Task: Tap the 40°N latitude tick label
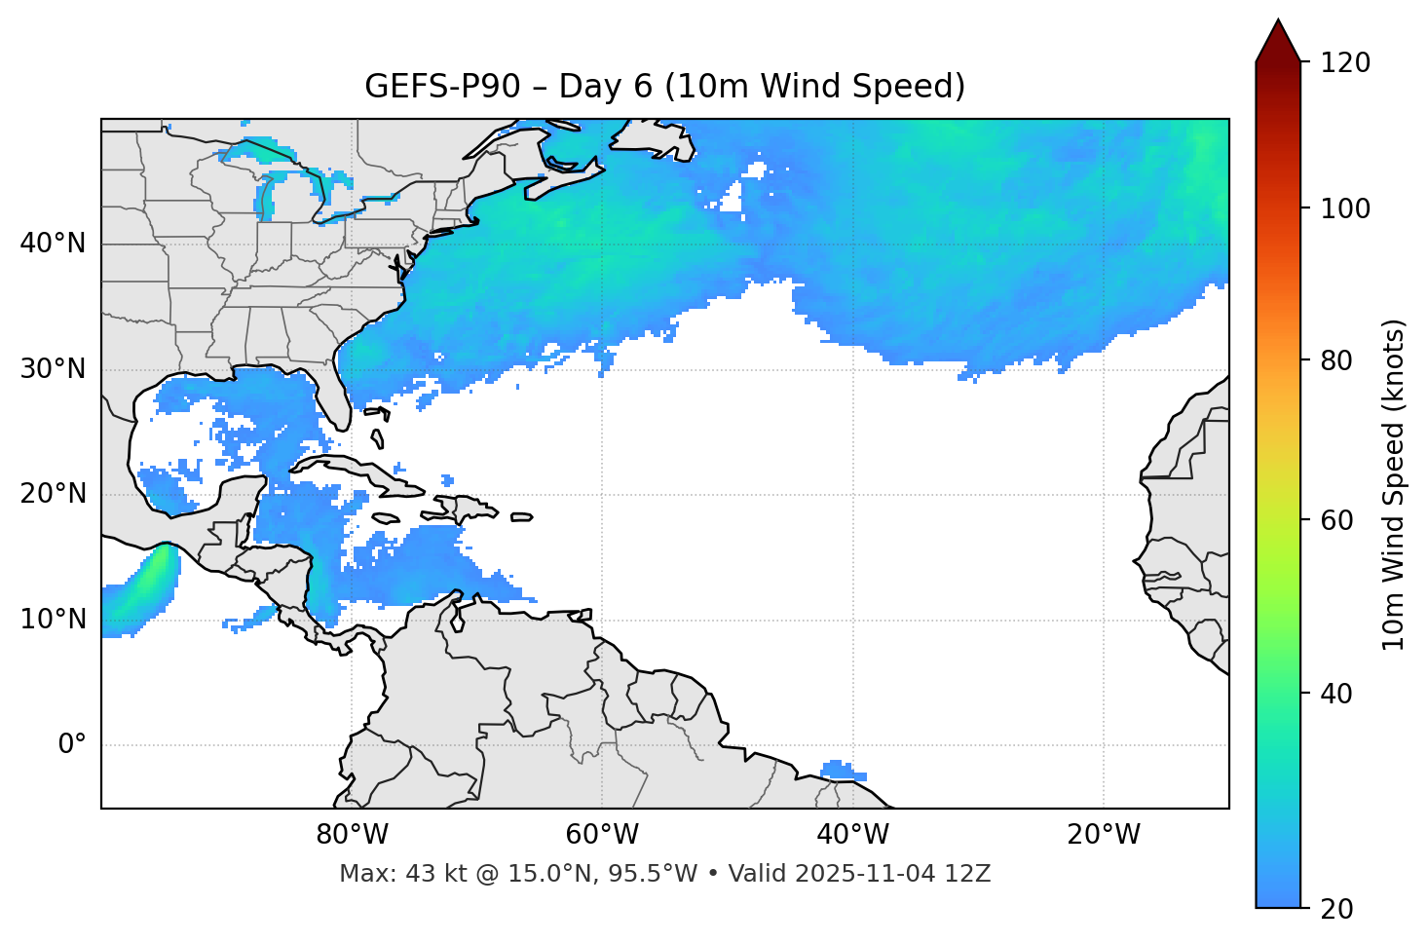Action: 53,244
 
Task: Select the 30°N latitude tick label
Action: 53,369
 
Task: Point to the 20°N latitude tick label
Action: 53,494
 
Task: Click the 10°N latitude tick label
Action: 53,620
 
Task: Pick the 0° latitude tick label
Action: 72,745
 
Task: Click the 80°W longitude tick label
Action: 352,835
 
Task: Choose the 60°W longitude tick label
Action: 602,835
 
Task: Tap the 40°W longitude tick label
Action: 852,835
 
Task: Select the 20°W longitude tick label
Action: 1103,835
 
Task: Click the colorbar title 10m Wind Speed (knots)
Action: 1394,484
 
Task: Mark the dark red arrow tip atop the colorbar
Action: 1278,26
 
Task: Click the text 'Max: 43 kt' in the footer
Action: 388,874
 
